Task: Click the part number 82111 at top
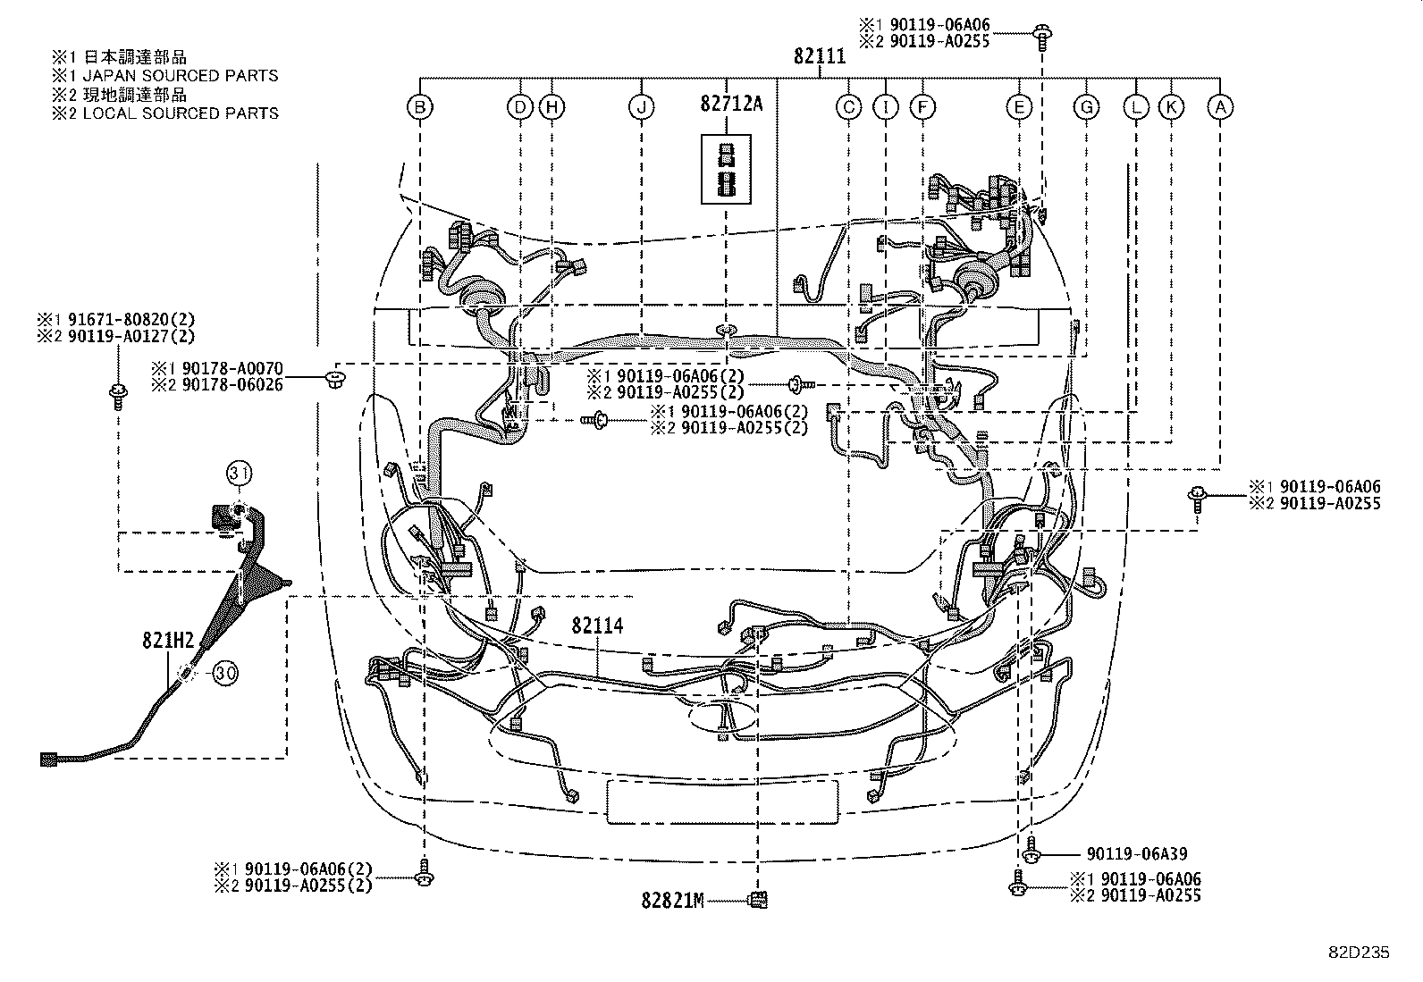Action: coord(819,56)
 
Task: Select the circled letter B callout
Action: coord(420,107)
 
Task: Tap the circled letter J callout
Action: coord(641,107)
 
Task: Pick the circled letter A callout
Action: coord(1220,107)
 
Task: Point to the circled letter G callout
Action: coord(1086,107)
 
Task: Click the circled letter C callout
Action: coord(847,107)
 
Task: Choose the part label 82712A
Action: coord(731,104)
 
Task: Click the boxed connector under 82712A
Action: coord(726,170)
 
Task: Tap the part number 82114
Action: coord(597,626)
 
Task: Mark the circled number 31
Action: coord(238,473)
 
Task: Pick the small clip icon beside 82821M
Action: coord(758,899)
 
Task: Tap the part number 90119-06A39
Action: coord(1137,854)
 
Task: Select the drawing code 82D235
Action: coord(1358,953)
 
